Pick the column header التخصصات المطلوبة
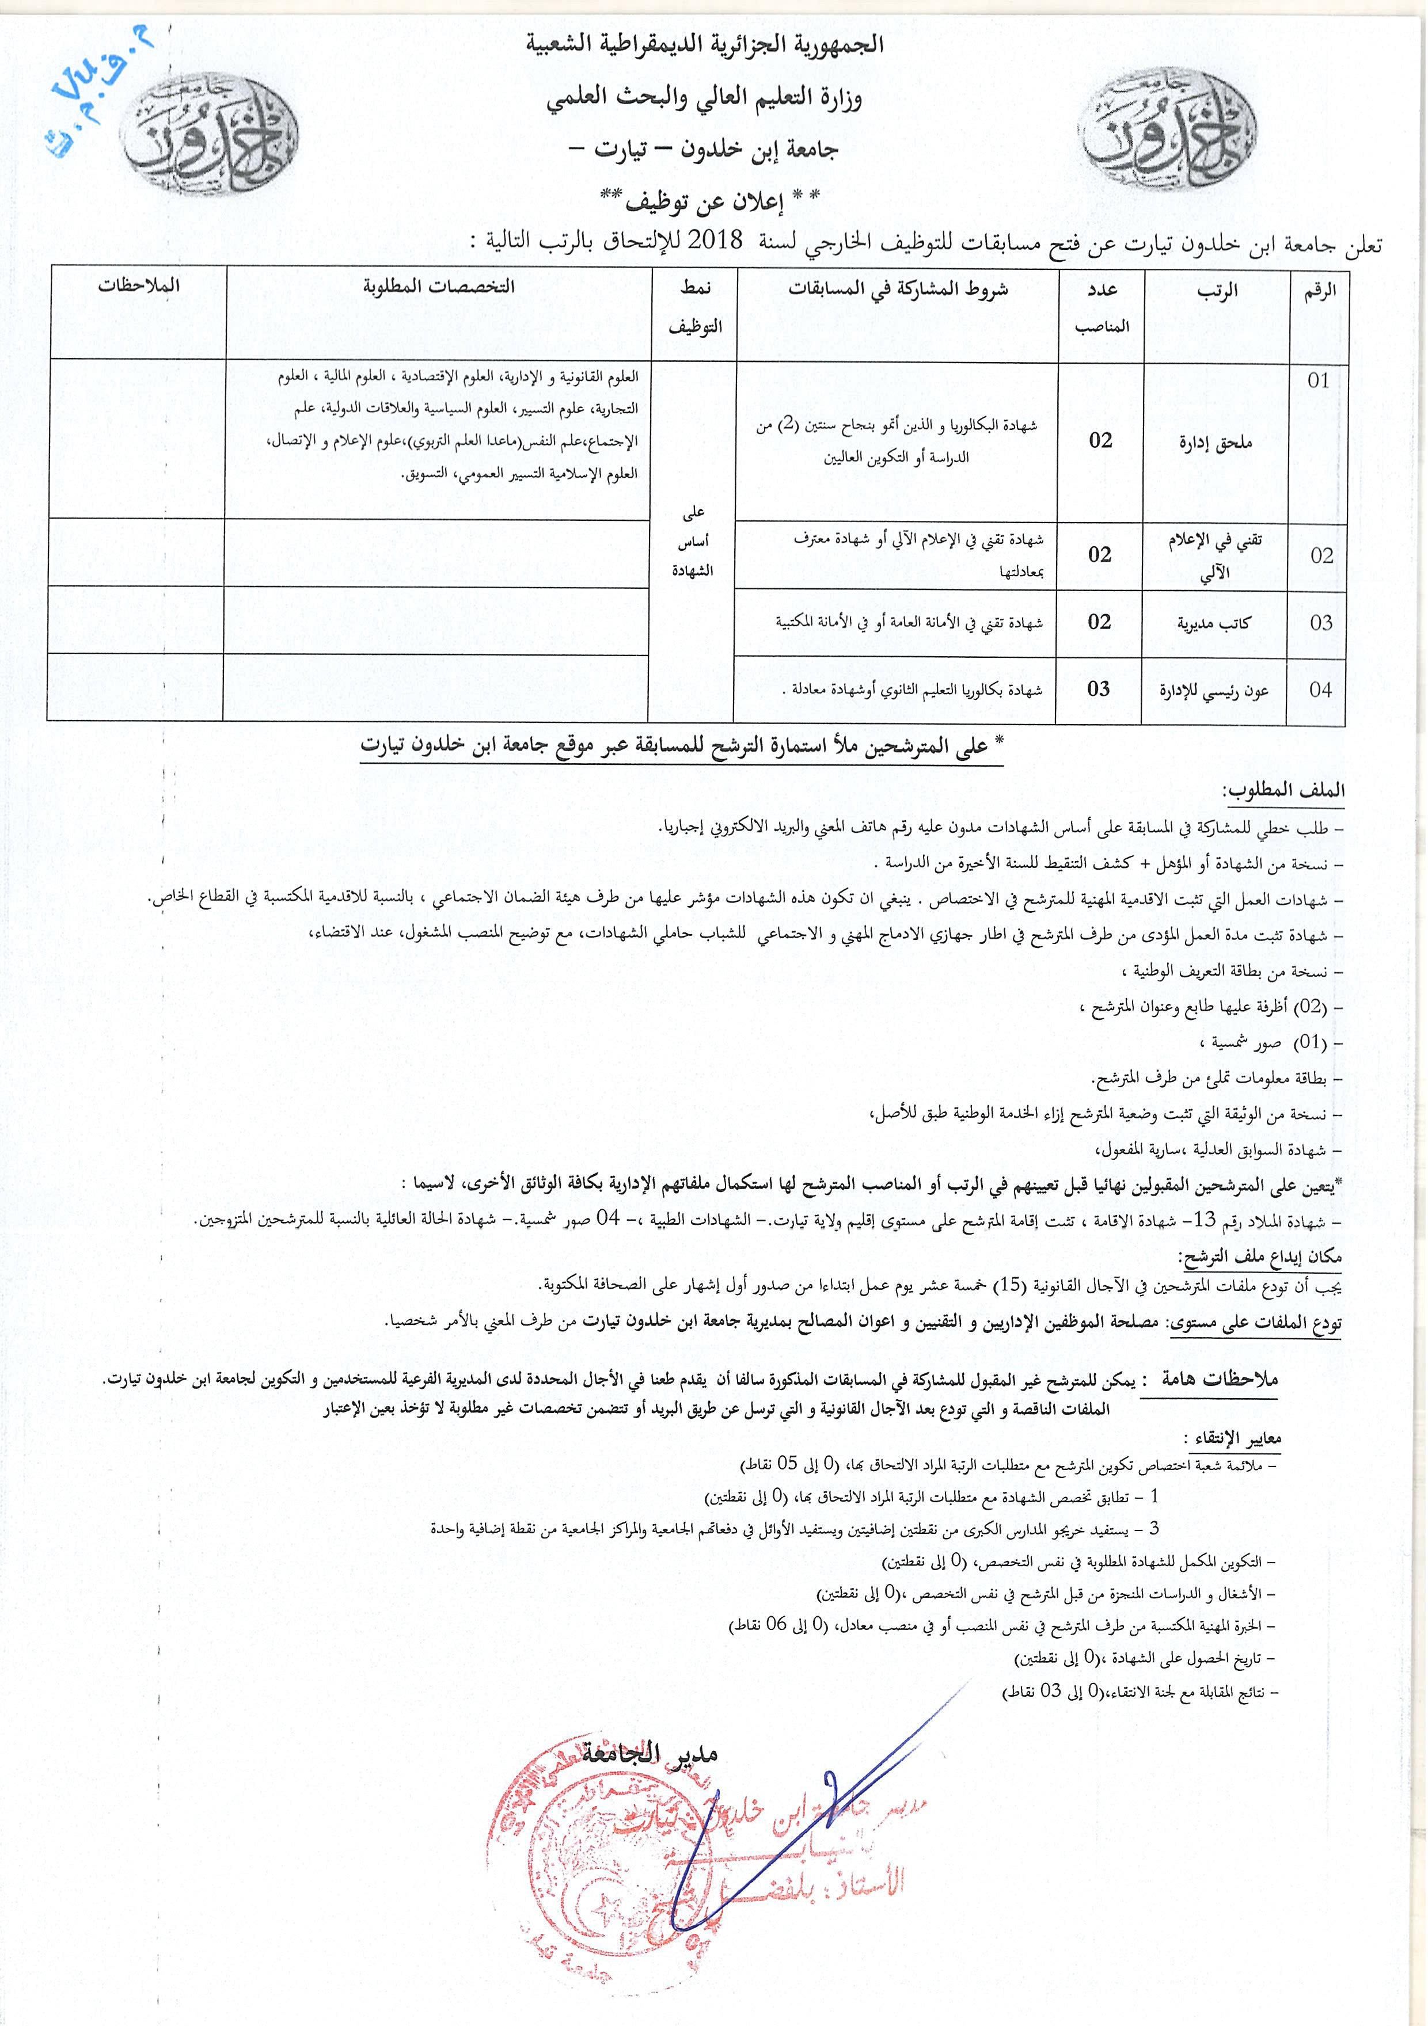[439, 286]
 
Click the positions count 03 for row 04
[1099, 689]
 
